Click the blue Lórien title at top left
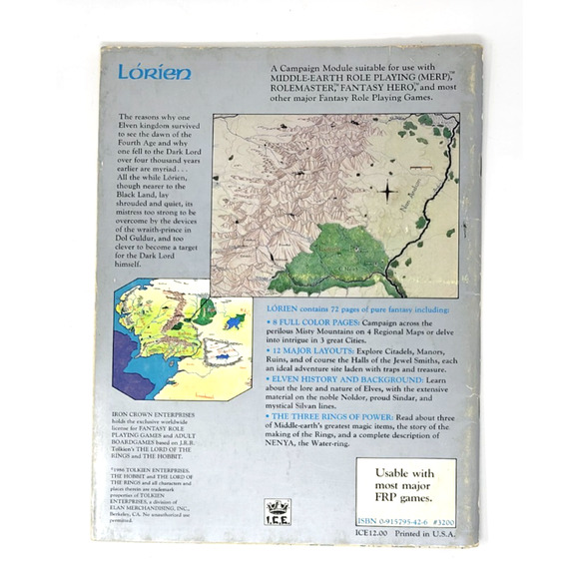click(x=146, y=75)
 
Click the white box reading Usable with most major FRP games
click(x=405, y=484)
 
